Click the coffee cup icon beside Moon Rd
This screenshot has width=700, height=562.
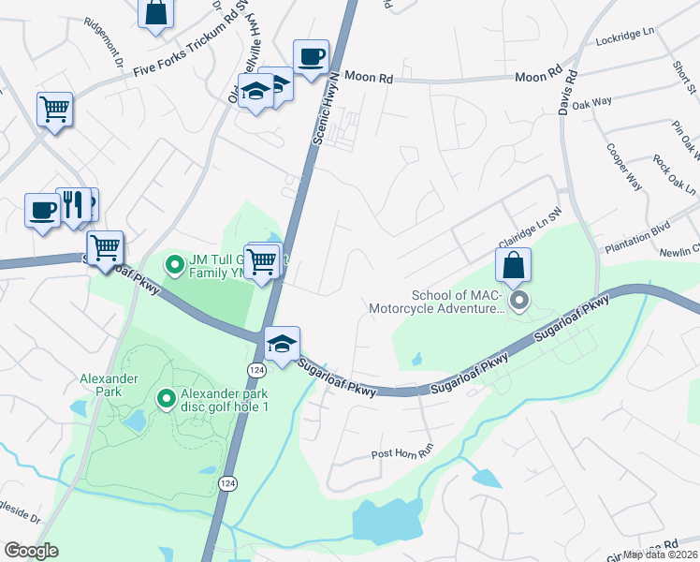(311, 56)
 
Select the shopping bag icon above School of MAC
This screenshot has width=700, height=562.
(514, 265)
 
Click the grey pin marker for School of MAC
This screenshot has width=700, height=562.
(519, 301)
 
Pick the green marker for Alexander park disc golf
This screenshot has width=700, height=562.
(167, 400)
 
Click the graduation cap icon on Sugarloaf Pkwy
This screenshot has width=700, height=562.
(281, 343)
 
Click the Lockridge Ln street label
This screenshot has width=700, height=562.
(624, 37)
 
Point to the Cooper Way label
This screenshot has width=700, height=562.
(624, 167)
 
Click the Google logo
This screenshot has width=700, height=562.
(31, 551)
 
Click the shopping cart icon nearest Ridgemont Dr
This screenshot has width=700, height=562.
(55, 109)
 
